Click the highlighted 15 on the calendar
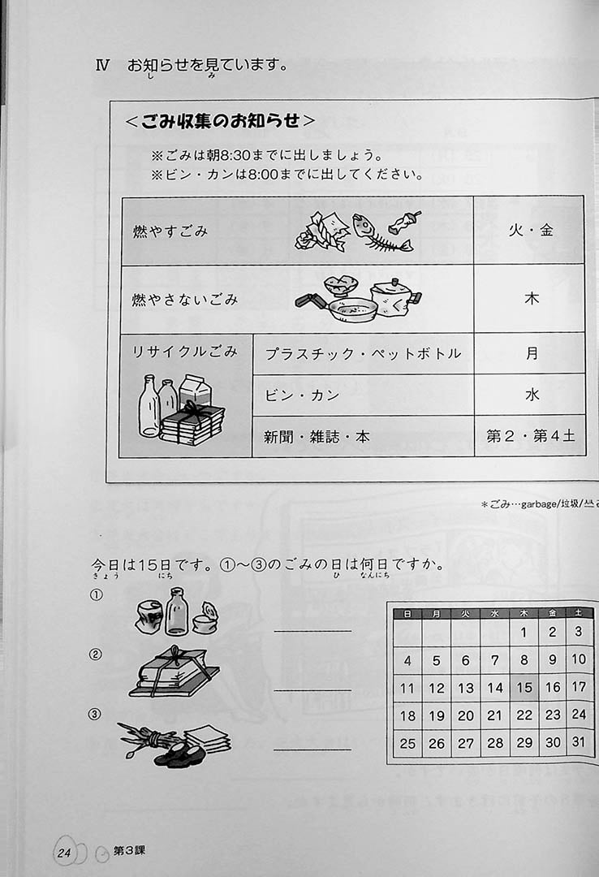click(x=524, y=688)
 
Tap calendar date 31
click(x=579, y=742)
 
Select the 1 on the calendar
click(x=524, y=633)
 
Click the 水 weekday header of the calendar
click(x=494, y=614)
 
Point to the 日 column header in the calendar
click(x=407, y=614)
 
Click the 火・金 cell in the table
click(x=530, y=230)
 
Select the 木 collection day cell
click(x=531, y=299)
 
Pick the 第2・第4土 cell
click(x=530, y=436)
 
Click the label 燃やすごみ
click(x=170, y=231)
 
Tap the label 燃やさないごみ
click(x=185, y=300)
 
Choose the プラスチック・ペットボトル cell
click(x=363, y=353)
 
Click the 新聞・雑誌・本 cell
click(x=363, y=436)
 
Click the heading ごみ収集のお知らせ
click(x=220, y=121)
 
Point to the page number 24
click(x=64, y=853)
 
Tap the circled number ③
click(x=96, y=715)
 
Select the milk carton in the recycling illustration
click(x=195, y=391)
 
